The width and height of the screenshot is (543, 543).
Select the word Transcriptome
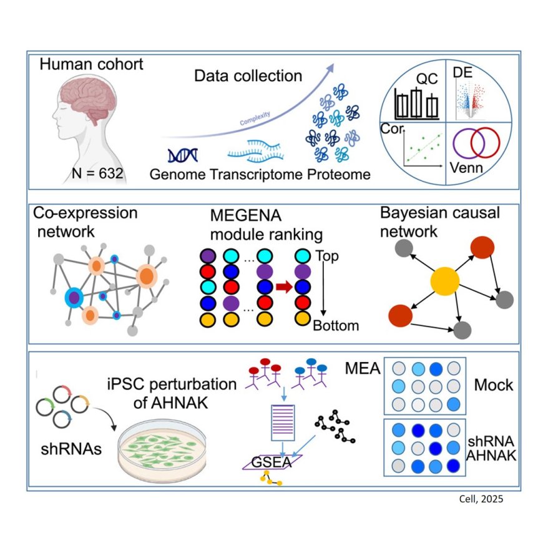256,175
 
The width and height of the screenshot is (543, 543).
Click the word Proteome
339,175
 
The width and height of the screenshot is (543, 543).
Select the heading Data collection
248,77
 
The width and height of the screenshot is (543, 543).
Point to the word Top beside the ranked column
327,256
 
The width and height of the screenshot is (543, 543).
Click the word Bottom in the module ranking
336,325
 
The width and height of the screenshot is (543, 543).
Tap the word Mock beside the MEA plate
493,384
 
